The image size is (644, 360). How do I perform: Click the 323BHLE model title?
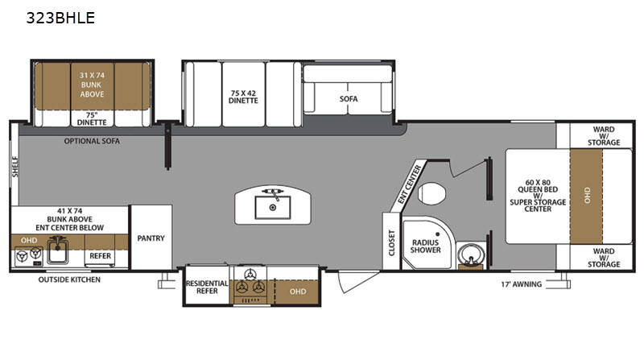[60, 18]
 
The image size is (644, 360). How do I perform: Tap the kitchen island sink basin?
[272, 208]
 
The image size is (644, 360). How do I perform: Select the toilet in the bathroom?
[431, 193]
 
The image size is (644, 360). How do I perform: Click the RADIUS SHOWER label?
[425, 246]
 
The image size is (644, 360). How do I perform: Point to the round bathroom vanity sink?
[470, 254]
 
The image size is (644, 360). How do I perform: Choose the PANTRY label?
[151, 238]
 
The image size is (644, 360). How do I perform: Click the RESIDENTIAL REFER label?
[207, 287]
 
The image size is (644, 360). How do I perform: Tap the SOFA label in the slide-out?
[349, 98]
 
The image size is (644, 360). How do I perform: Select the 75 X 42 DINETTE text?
[243, 97]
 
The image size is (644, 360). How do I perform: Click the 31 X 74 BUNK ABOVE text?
[92, 85]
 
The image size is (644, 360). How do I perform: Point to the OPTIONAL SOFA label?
[92, 141]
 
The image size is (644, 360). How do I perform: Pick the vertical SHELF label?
[15, 167]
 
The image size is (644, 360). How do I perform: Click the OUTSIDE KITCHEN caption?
[69, 279]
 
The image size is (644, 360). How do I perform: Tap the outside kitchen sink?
[57, 250]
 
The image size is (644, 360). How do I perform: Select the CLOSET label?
[391, 242]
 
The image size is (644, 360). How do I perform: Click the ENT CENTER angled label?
[409, 184]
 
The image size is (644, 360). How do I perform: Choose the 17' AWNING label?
[521, 284]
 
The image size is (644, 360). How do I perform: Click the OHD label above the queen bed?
[587, 195]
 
